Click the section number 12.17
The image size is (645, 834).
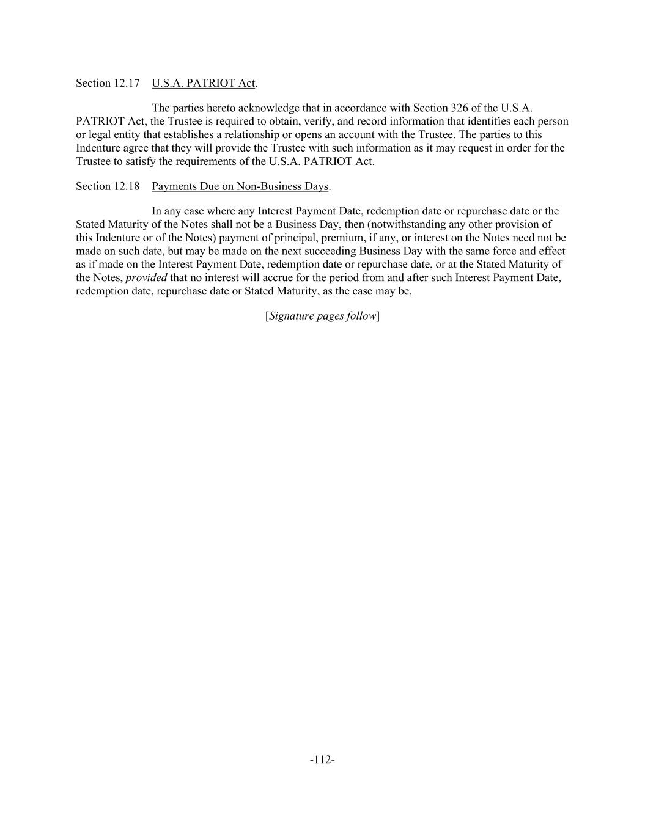[127, 83]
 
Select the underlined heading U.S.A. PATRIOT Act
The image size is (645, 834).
[204, 83]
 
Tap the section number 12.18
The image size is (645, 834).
[127, 186]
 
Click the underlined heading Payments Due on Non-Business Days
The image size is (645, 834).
[240, 186]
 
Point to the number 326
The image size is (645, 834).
[459, 109]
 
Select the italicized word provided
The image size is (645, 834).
[146, 278]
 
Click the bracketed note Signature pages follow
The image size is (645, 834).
[322, 316]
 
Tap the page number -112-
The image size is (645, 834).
[322, 760]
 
